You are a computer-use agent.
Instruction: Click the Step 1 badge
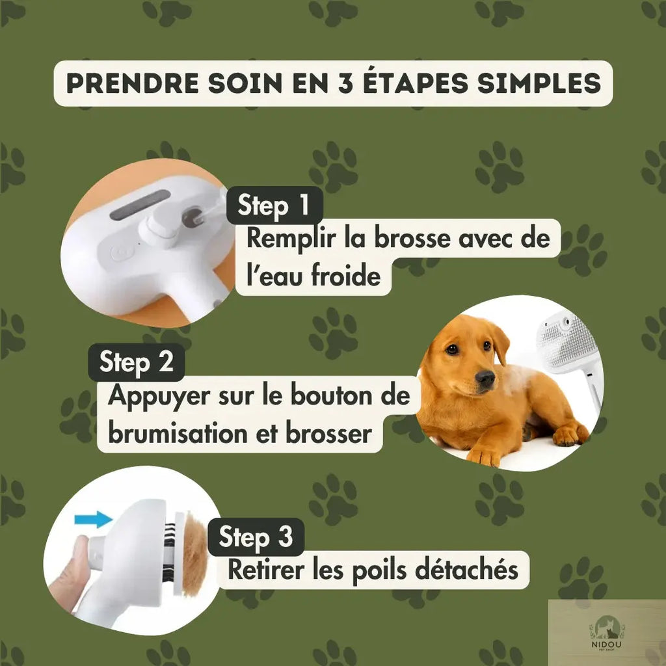tap(274, 205)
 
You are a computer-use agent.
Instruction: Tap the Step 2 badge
tap(137, 362)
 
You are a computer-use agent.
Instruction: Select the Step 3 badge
tap(256, 537)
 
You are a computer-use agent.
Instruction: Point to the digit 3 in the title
tap(346, 83)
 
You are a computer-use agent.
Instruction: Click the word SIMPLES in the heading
tap(539, 83)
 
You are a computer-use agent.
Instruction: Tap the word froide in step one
tap(346, 276)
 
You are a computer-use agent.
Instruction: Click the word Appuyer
tap(159, 396)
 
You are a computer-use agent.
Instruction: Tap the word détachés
tap(466, 570)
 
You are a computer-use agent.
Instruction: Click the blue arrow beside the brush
tap(94, 519)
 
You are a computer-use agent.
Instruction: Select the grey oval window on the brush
tap(140, 205)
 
